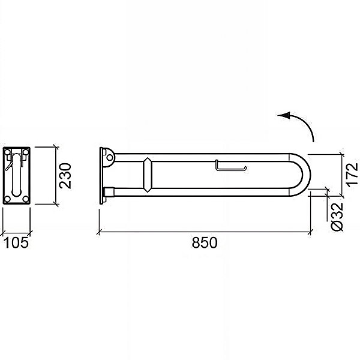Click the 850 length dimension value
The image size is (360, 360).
pos(205,242)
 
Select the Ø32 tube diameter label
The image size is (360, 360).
pos(337,217)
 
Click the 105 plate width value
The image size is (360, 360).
pos(17,242)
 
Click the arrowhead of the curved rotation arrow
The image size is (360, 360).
pos(284,115)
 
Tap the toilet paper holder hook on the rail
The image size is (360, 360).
pos(231,166)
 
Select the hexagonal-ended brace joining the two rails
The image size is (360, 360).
pos(148,175)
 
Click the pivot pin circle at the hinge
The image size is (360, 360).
pos(110,158)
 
